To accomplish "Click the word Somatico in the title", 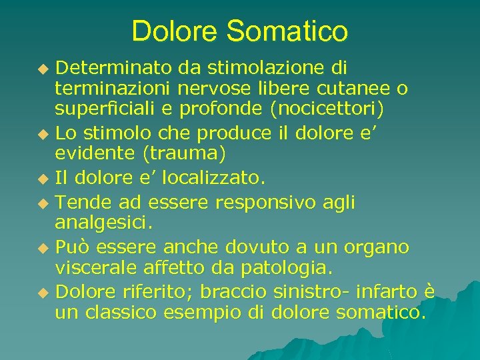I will pos(287,31).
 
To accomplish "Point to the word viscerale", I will pos(100,268).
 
